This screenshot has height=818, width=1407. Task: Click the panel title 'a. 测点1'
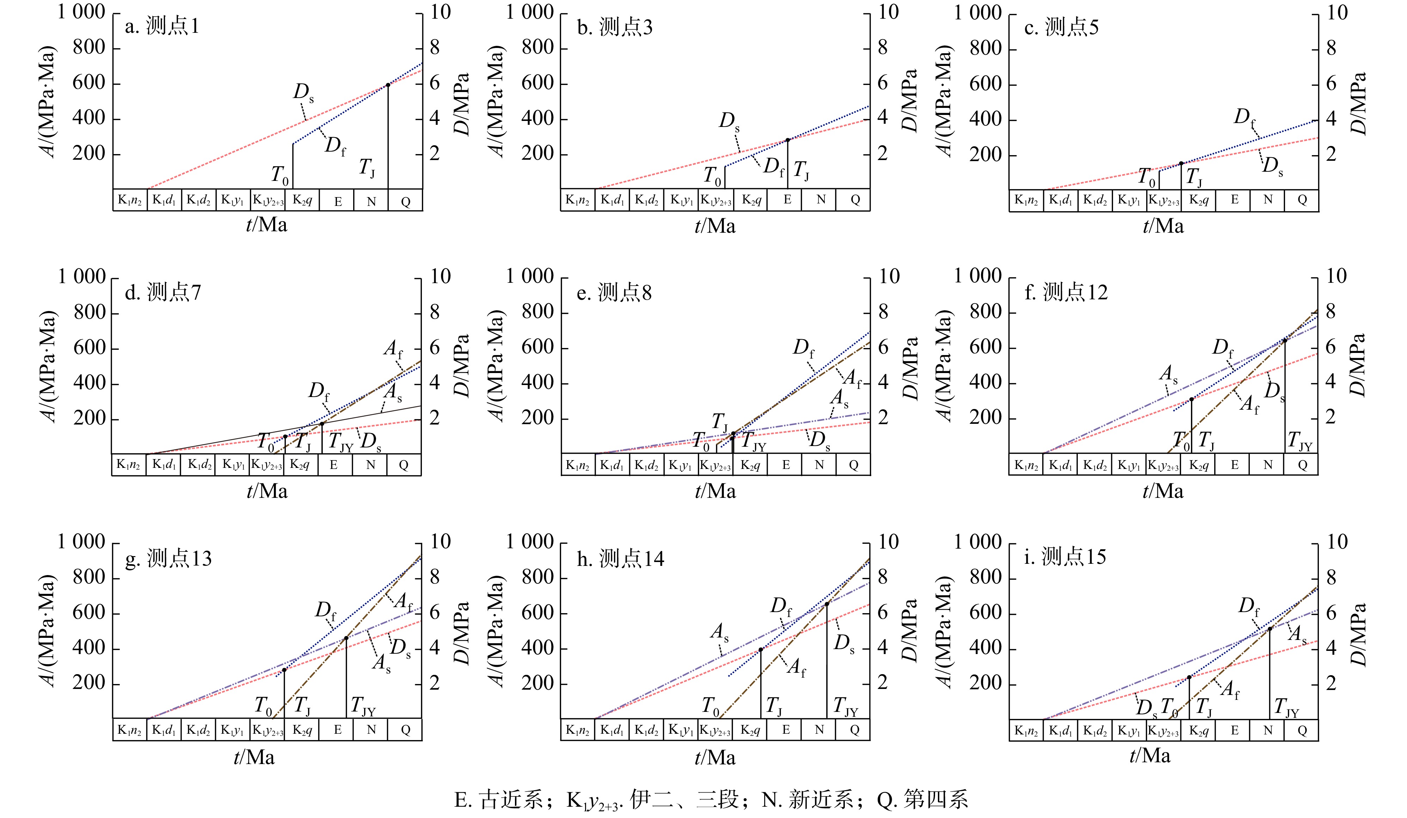pyautogui.click(x=162, y=26)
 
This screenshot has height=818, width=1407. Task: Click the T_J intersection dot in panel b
pyautogui.click(x=788, y=140)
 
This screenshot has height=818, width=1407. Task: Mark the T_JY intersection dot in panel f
pyautogui.click(x=1285, y=340)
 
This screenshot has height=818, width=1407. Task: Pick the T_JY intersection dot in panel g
pyautogui.click(x=346, y=637)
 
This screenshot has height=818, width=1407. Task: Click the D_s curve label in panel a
pyautogui.click(x=303, y=92)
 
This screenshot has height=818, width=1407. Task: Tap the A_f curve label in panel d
pyautogui.click(x=393, y=349)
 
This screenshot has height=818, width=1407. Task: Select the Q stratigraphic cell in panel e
pyautogui.click(x=853, y=465)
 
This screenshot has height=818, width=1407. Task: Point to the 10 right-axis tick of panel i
pyautogui.click(x=1337, y=542)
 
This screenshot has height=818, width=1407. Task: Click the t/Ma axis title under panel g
pyautogui.click(x=254, y=757)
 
